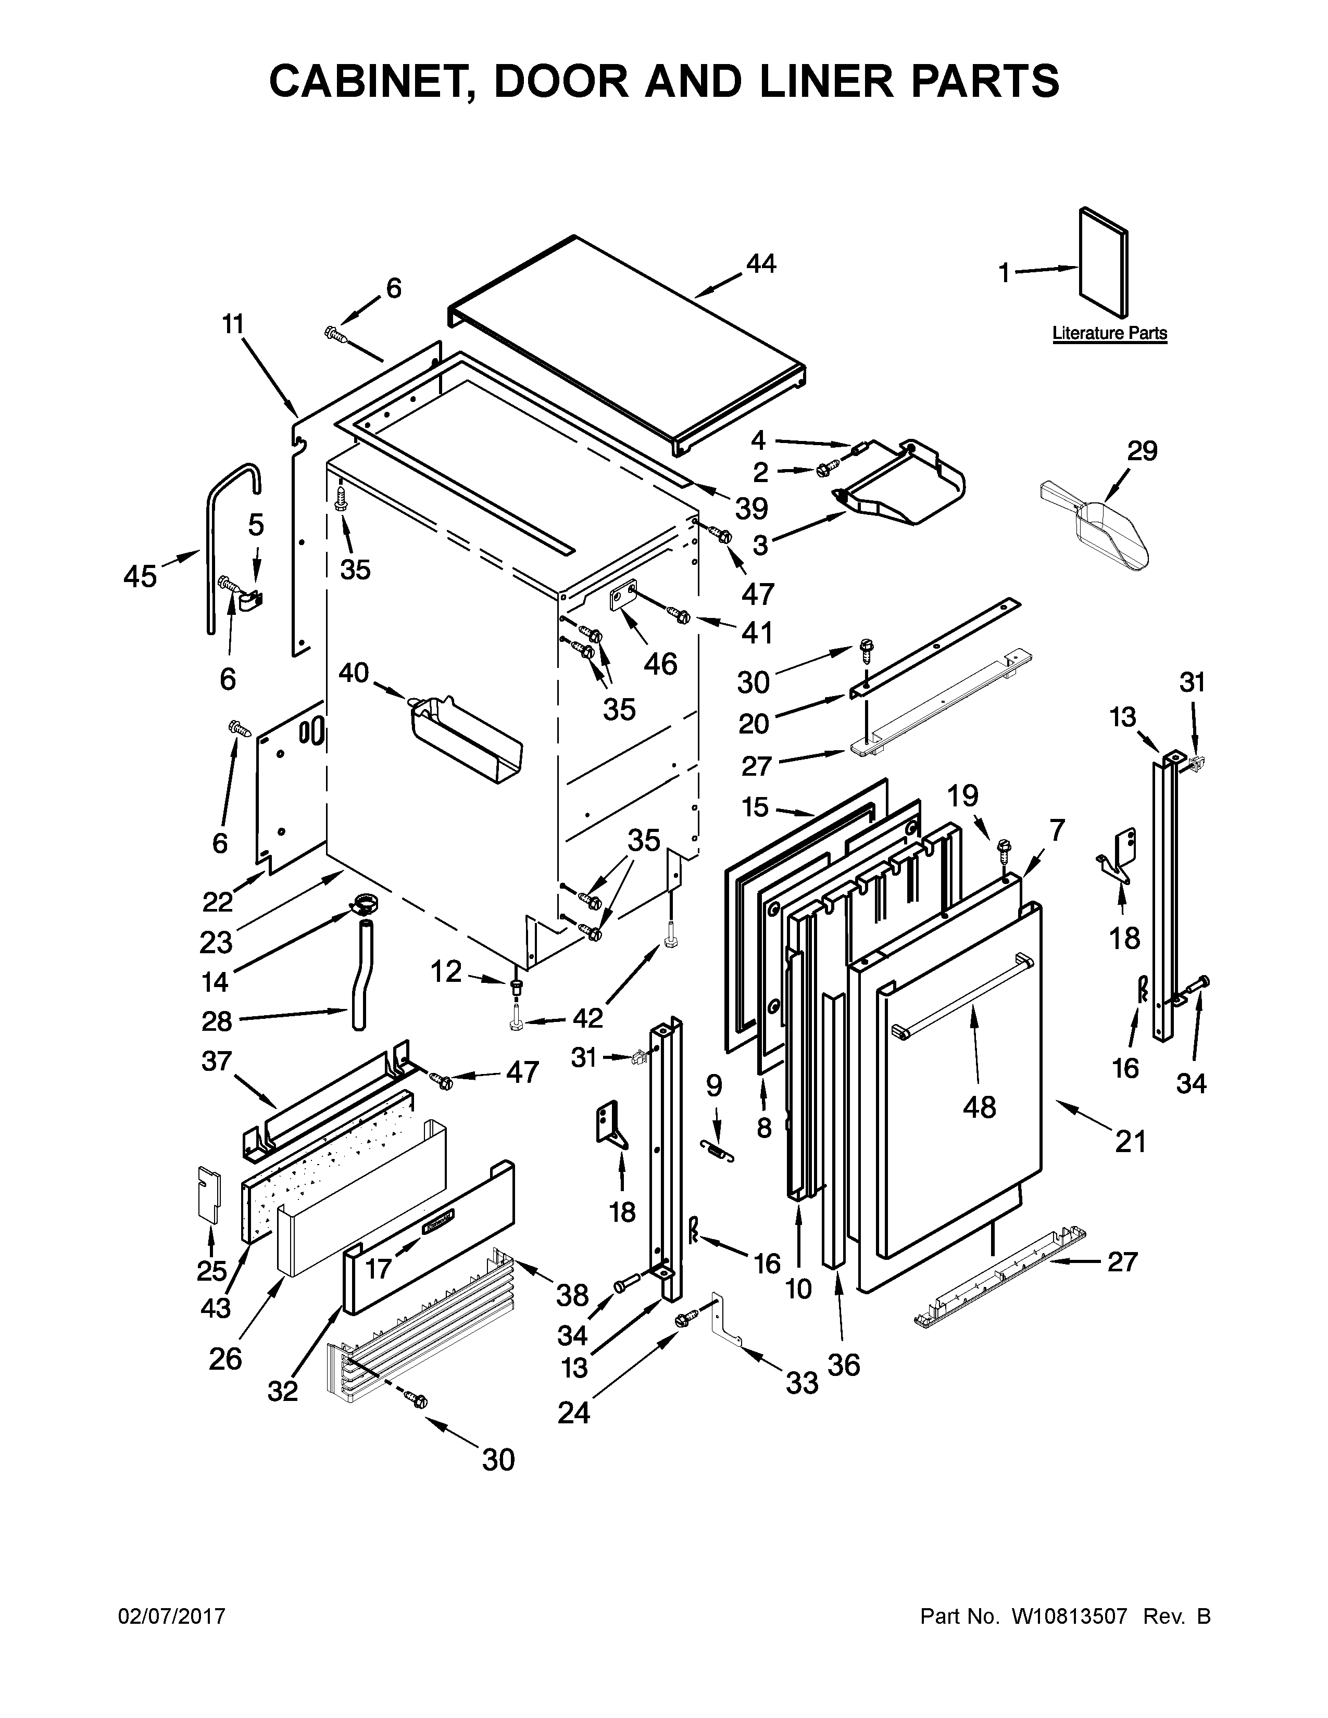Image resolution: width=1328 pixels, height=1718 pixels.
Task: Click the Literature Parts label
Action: [x=1109, y=334]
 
